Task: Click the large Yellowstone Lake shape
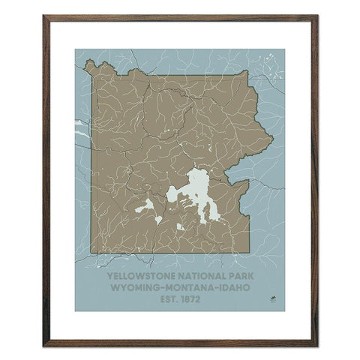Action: coord(198,187)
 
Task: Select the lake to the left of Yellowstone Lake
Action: coord(148,204)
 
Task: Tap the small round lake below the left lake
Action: coord(158,219)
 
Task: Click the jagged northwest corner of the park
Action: coord(91,67)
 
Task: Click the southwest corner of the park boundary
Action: coord(91,253)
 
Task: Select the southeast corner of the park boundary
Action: coord(249,252)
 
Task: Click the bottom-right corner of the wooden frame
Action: coord(316,345)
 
